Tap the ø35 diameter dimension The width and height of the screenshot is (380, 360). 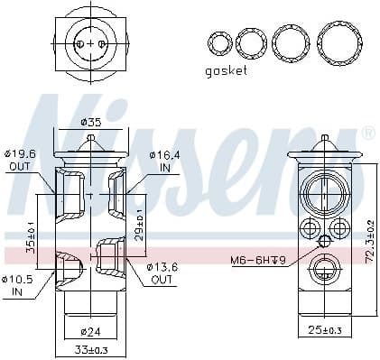pos(90,122)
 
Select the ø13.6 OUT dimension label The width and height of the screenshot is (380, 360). pos(163,274)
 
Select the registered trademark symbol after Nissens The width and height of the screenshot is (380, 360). pos(367,134)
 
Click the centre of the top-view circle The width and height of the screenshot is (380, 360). pos(91,42)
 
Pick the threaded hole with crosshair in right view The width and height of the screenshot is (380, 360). pos(322,240)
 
